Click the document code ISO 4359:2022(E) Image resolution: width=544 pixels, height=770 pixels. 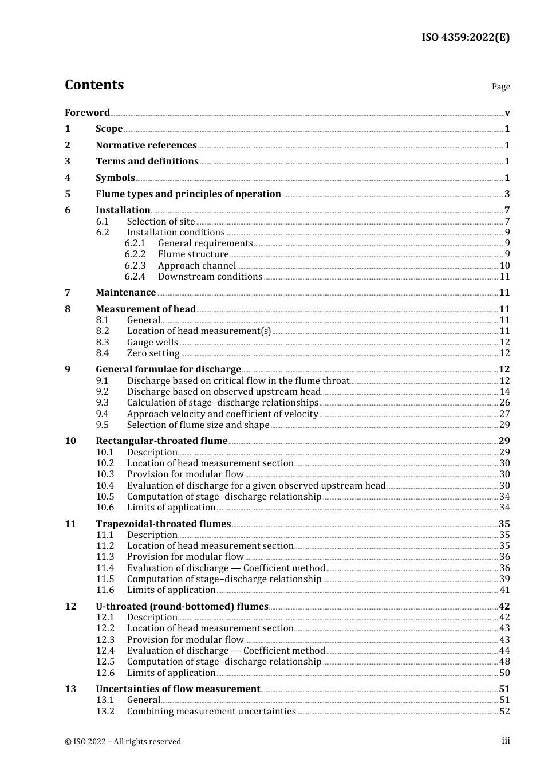point(466,37)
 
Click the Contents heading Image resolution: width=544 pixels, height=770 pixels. point(94,85)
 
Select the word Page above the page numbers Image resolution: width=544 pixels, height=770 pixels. point(500,87)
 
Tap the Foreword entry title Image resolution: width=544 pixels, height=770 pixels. point(87,112)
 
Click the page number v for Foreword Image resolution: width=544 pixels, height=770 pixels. point(507,112)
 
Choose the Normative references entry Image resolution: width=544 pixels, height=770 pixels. point(146,145)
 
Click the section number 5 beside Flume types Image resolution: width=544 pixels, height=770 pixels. point(68,194)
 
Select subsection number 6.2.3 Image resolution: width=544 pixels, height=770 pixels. point(135,265)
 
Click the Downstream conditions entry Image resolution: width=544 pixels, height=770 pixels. point(210,276)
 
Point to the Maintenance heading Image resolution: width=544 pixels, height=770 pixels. point(125,292)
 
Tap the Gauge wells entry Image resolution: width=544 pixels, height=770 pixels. point(152,342)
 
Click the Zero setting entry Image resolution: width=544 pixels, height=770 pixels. point(153,353)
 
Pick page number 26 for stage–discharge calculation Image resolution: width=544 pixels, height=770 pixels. point(504,402)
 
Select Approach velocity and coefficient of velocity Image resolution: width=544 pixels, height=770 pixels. point(222,414)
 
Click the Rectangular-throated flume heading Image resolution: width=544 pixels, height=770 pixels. point(161,441)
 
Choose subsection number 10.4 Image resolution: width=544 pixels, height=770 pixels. point(105,485)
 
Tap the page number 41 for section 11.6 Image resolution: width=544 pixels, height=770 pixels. point(504,590)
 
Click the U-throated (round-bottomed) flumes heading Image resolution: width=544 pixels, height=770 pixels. point(182,606)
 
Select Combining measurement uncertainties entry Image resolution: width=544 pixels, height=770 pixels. point(211,711)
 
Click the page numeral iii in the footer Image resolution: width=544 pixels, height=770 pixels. point(506,741)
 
